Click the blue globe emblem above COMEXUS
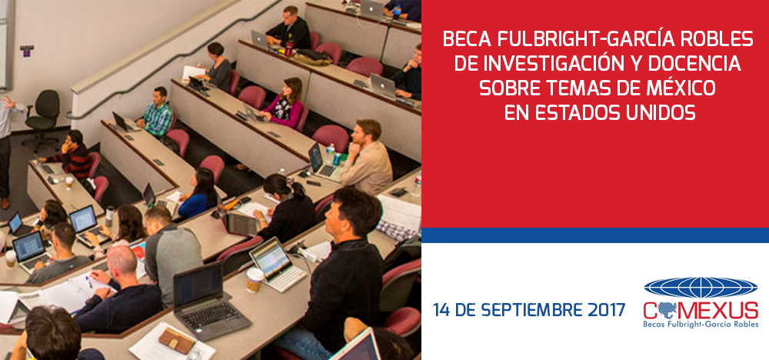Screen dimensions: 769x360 tap(701, 288)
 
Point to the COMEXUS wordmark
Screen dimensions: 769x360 tap(701, 311)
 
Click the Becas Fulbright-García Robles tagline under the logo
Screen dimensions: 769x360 tap(701, 325)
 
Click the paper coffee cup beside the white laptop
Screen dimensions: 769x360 tap(254, 280)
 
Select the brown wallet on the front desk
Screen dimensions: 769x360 tap(177, 340)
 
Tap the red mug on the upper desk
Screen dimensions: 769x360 tap(289, 48)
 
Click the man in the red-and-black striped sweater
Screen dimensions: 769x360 tap(71, 156)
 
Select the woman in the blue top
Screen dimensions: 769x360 tap(198, 193)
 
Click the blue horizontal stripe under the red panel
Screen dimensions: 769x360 tap(595, 235)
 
